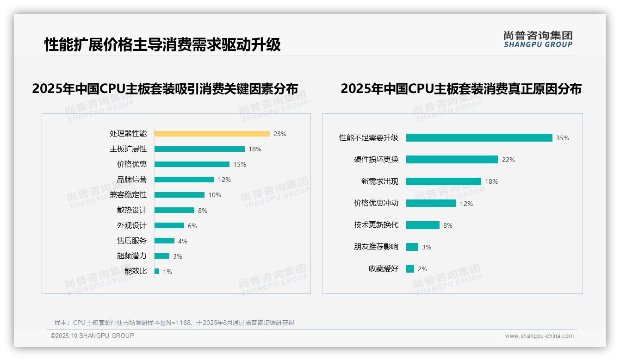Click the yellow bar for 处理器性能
212,134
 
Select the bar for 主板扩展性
199,149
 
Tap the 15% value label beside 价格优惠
240,164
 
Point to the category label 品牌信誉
132,180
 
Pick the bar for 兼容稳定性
180,195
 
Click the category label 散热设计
132,210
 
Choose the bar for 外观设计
169,225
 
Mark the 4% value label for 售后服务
183,241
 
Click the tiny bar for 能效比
157,271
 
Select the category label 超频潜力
132,256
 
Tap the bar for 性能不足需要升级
479,138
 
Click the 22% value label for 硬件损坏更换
508,160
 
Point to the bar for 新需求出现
444,181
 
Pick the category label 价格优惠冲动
376,203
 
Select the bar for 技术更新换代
423,225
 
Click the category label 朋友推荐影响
376,247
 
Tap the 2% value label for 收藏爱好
422,269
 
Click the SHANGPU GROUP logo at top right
538,39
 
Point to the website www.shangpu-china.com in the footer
539,336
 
